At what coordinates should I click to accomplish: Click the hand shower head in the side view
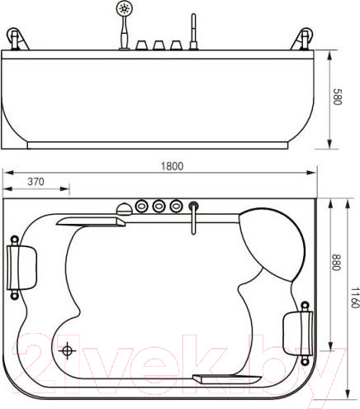click(x=125, y=11)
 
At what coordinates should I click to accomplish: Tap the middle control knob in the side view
click(x=159, y=44)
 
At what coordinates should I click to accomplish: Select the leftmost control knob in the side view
click(x=140, y=44)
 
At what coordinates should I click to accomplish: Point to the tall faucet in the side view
click(x=194, y=32)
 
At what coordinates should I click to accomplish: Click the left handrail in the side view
click(x=17, y=38)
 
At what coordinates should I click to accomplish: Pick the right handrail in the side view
click(x=304, y=38)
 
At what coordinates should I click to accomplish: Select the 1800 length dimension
click(x=172, y=165)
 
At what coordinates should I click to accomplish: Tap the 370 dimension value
click(x=36, y=181)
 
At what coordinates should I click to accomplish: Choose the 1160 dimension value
click(x=353, y=297)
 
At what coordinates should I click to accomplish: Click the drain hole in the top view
click(x=68, y=350)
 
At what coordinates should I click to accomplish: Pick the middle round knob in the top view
click(x=158, y=205)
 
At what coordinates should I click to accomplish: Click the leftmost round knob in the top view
click(x=140, y=205)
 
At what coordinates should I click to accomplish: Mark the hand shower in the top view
click(x=122, y=208)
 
